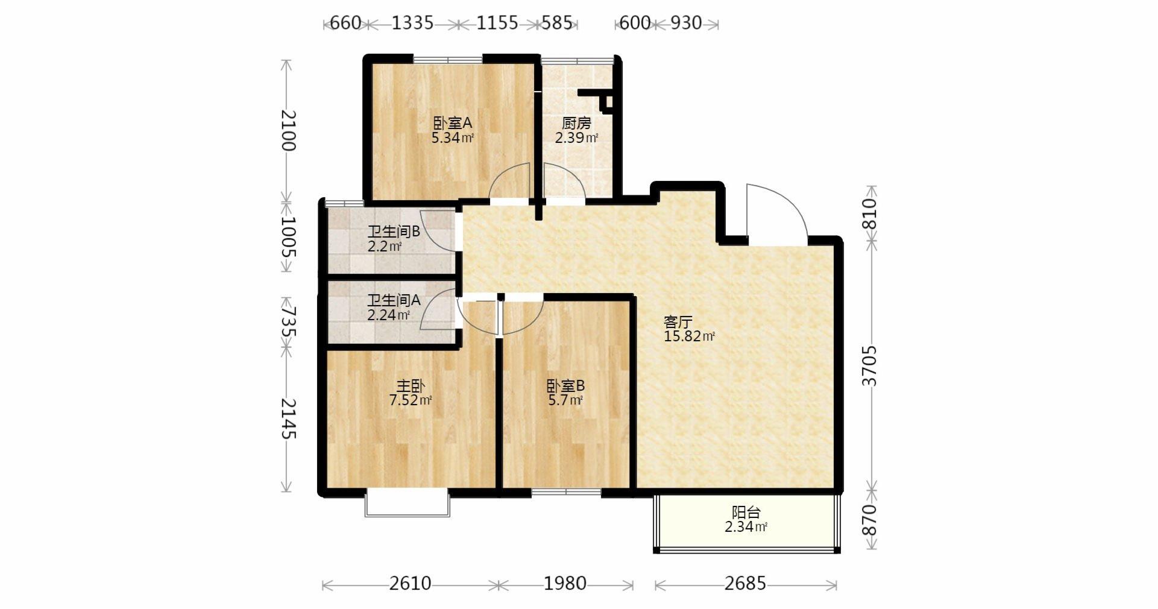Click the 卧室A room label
(x=453, y=123)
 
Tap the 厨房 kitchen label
(x=576, y=123)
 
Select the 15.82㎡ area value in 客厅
(x=689, y=336)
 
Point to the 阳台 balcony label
(x=746, y=513)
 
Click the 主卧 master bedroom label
(x=411, y=385)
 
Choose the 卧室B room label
(x=565, y=385)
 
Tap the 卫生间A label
(x=394, y=300)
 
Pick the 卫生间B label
(x=394, y=232)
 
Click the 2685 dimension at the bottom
(x=746, y=584)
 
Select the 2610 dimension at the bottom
(x=411, y=584)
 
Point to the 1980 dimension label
(x=565, y=584)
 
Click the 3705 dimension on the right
(x=870, y=366)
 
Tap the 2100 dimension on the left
(x=288, y=131)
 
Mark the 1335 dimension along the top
(x=412, y=23)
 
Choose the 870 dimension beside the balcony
(x=870, y=520)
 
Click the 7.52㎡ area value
(x=411, y=400)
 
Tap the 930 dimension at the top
(x=686, y=23)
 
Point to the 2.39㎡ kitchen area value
(x=577, y=138)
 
